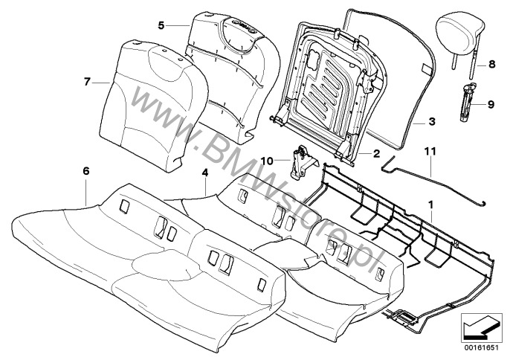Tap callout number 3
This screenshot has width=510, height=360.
[x=431, y=120]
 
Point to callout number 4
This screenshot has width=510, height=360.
[x=204, y=174]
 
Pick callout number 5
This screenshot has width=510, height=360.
[x=161, y=25]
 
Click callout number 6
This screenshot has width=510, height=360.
[x=86, y=171]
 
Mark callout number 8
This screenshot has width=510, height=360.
[x=491, y=65]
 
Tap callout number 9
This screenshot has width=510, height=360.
[x=491, y=104]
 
